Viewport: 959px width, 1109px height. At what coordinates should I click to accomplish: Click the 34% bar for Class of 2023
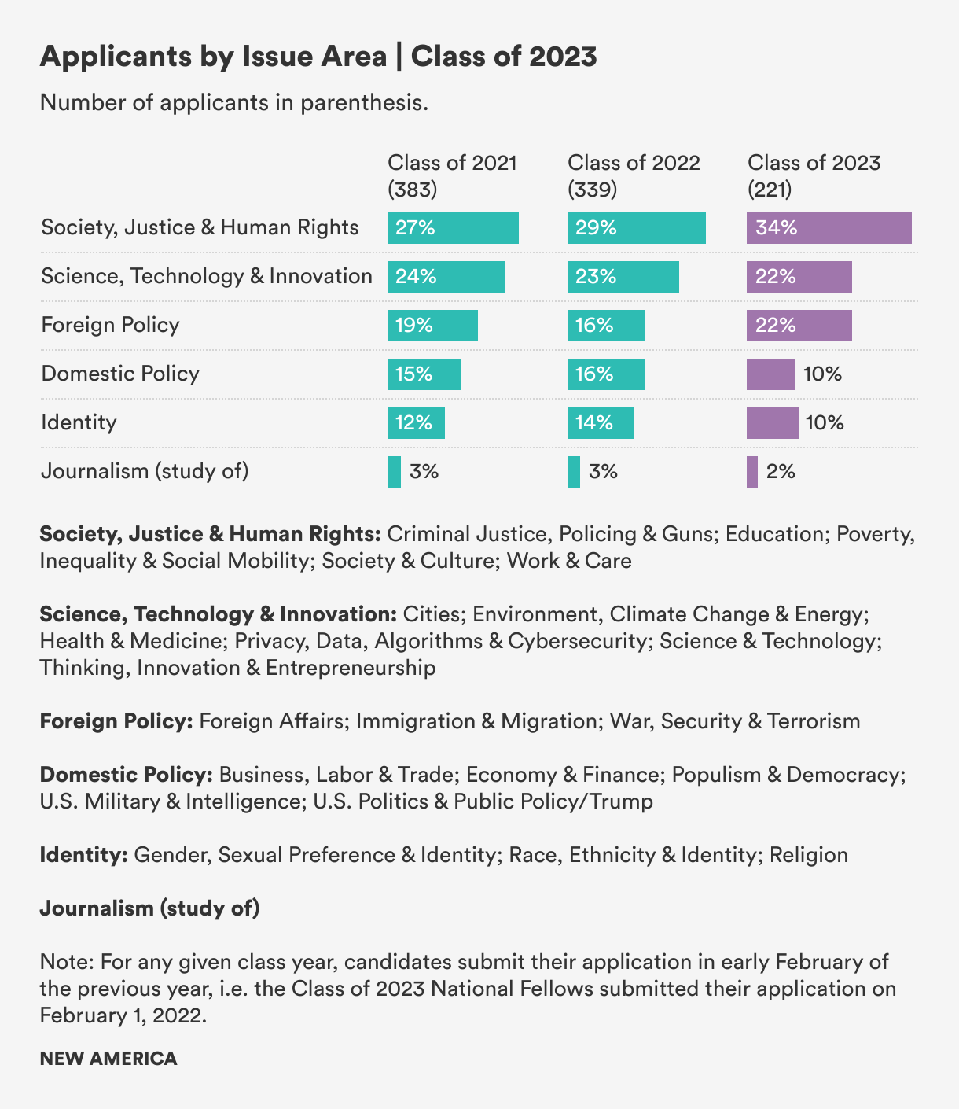pyautogui.click(x=829, y=228)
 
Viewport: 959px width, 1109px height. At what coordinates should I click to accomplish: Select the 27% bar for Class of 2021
pyautogui.click(x=453, y=228)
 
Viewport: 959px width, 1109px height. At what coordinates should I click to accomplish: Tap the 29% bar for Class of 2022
pyautogui.click(x=636, y=228)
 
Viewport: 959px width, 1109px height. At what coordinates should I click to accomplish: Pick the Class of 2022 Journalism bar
pyautogui.click(x=574, y=472)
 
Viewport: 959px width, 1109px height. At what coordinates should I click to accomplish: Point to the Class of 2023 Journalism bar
pyautogui.click(x=752, y=472)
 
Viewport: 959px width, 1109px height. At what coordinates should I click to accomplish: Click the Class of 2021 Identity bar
pyautogui.click(x=416, y=423)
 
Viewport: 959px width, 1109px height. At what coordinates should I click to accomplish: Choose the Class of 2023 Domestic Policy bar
pyautogui.click(x=770, y=374)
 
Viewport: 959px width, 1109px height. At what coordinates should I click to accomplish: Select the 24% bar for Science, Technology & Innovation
pyautogui.click(x=446, y=277)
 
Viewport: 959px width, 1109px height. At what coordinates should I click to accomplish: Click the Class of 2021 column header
pyautogui.click(x=452, y=163)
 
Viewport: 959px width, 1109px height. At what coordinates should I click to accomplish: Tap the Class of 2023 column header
pyautogui.click(x=814, y=163)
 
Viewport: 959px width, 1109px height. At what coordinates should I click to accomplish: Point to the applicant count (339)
pyautogui.click(x=592, y=190)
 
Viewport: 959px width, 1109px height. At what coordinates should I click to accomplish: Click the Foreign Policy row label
pyautogui.click(x=110, y=325)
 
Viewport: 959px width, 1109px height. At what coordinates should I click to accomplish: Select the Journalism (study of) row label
pyautogui.click(x=145, y=471)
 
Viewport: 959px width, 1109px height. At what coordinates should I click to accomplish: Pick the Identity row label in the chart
pyautogui.click(x=79, y=422)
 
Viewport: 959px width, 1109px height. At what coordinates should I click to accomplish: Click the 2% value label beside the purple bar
pyautogui.click(x=781, y=472)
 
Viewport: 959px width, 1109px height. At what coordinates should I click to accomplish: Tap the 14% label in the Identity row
pyautogui.click(x=593, y=423)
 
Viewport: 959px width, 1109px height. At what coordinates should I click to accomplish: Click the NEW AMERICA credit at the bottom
pyautogui.click(x=108, y=1058)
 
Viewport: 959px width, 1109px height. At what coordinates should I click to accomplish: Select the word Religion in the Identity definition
pyautogui.click(x=808, y=855)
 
